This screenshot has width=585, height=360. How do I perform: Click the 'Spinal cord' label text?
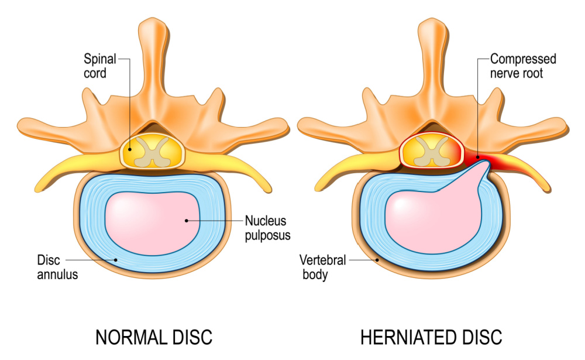click(x=100, y=66)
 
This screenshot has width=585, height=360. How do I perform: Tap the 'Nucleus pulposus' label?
click(x=267, y=228)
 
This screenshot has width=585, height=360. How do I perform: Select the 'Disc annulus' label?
click(x=57, y=267)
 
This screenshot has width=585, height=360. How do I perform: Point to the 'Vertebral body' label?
click(x=323, y=267)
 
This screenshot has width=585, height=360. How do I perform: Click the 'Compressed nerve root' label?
click(x=523, y=66)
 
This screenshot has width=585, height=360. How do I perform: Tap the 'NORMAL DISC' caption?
click(x=154, y=337)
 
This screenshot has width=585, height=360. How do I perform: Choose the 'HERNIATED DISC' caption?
click(x=431, y=337)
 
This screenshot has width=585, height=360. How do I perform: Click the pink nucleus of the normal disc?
click(x=152, y=224)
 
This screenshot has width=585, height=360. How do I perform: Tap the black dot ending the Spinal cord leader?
click(x=130, y=149)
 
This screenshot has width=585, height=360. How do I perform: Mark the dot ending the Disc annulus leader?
click(x=116, y=260)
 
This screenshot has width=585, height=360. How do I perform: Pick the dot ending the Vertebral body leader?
click(x=377, y=259)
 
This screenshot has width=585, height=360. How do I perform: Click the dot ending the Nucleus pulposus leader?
click(x=187, y=221)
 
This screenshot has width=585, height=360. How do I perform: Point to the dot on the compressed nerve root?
click(x=477, y=157)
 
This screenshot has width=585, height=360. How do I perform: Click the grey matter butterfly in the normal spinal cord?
click(x=152, y=152)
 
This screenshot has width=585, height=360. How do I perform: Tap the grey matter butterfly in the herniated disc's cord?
click(x=432, y=152)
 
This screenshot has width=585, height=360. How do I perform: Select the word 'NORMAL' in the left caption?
click(x=131, y=337)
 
